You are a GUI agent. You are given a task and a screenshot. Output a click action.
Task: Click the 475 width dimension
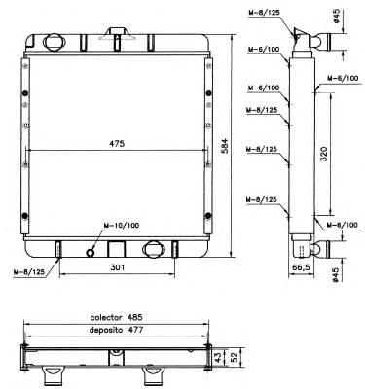[x=117, y=143]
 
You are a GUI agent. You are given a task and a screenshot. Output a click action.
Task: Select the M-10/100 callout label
[x=125, y=227]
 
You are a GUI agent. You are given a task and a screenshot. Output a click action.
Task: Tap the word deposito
[x=109, y=330]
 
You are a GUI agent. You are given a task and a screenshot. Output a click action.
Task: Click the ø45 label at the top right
[x=336, y=16]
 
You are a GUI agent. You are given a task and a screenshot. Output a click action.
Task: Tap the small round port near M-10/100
[x=92, y=252]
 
